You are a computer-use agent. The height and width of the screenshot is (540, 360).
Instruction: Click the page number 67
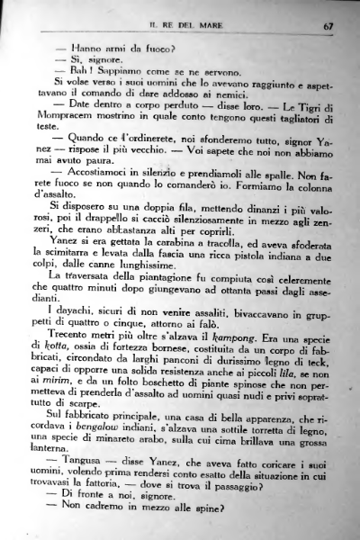tap(328, 26)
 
